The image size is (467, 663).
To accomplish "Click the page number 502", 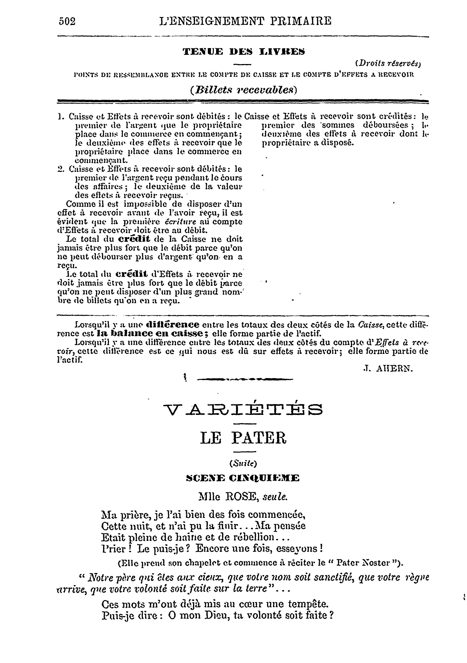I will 67,21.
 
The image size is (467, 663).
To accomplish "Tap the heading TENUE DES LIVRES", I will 244,52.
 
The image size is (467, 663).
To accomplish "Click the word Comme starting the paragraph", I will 77,204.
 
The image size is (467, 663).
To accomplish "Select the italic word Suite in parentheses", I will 243,464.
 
